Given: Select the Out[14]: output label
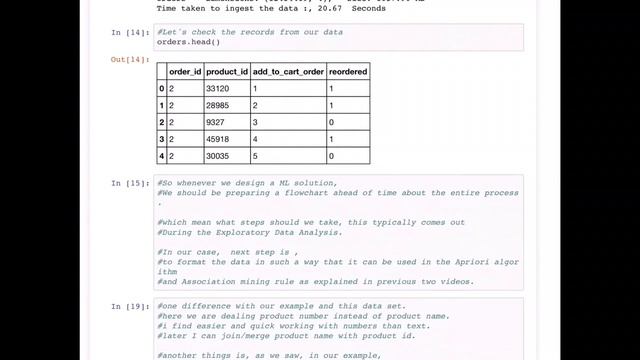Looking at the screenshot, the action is click(129, 59).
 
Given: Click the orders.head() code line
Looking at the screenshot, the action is click(189, 42).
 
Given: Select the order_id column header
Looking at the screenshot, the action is click(185, 71).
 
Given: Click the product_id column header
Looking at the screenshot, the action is click(226, 71).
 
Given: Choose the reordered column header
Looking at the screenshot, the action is click(347, 71).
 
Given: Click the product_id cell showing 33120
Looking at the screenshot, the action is click(218, 88).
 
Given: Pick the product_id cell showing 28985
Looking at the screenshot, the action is click(218, 105).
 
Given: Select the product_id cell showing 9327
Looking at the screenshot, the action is click(215, 122).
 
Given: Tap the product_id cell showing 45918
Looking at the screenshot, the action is click(218, 139).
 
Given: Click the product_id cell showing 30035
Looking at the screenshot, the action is click(218, 156).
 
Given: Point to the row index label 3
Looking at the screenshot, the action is click(161, 139).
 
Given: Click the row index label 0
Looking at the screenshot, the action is click(161, 88).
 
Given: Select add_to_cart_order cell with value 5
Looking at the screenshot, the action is click(255, 156).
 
